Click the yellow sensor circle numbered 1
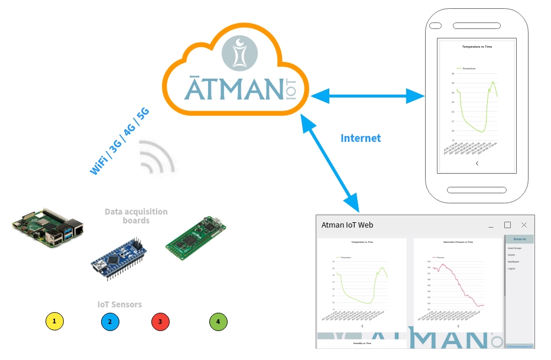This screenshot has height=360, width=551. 54,322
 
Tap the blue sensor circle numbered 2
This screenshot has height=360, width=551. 110,322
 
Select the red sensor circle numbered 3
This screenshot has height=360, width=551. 160,322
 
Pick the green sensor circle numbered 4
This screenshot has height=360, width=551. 218,322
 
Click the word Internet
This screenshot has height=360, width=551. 361,138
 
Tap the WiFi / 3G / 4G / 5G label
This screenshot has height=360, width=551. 119,141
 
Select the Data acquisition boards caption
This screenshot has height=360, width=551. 136,216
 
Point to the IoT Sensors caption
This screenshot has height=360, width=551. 119,304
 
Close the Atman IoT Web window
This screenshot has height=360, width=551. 524,225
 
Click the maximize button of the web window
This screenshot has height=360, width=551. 507,225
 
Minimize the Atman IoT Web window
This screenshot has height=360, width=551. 491,225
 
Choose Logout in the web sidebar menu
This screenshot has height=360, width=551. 511,268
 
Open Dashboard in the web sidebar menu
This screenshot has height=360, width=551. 513,261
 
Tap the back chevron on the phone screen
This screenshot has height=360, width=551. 477,164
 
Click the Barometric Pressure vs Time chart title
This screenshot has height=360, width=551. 458,242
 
